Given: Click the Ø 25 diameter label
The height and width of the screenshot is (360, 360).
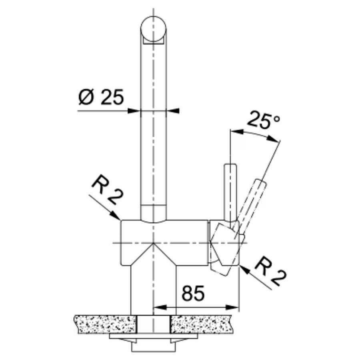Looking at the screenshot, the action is point(101,96).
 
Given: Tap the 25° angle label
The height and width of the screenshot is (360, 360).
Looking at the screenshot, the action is point(264,120).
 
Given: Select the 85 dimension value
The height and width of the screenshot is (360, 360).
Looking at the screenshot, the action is point(193,294).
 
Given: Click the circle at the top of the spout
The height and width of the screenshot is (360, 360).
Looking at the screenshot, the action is point(153,29).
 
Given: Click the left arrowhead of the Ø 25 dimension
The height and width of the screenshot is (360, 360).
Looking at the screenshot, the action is point(134,111).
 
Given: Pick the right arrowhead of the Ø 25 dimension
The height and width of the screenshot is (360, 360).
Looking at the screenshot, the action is point(172,111).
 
